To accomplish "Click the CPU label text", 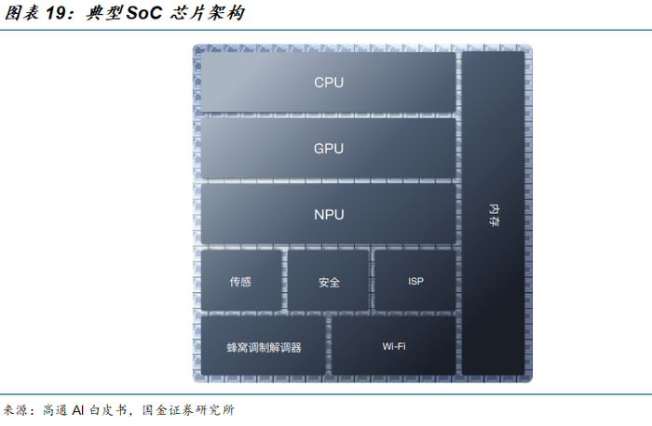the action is (328, 83).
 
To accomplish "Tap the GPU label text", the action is (328, 149).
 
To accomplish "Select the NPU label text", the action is (328, 215).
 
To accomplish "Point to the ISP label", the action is (415, 281).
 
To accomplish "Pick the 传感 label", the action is (240, 282).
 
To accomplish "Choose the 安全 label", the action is (328, 282).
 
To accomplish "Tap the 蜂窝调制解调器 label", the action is (264, 348).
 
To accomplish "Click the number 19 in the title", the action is (58, 14).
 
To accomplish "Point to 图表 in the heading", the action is (20, 14).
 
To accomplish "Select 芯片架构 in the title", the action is (209, 14).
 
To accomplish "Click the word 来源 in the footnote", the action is (17, 410).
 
